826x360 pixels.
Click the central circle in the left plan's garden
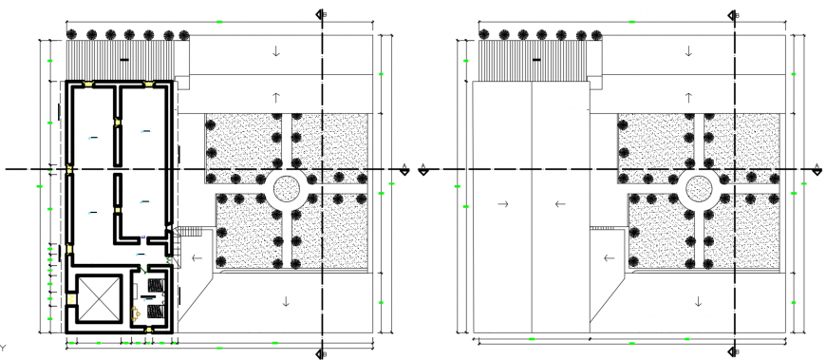[285, 188]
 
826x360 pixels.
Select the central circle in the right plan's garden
[700, 188]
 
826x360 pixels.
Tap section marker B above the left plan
[322, 15]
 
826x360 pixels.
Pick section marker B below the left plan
[322, 353]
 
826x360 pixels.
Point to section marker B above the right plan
[735, 15]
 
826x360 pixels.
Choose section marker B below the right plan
[735, 353]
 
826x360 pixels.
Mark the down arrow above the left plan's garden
[276, 51]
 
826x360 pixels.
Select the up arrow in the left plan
[276, 97]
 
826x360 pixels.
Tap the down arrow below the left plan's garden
[285, 301]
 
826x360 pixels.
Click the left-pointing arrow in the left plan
[197, 257]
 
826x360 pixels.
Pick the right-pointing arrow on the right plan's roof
[503, 203]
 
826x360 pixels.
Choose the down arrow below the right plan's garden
[699, 301]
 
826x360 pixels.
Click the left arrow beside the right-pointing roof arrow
[559, 203]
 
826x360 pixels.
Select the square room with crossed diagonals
[98, 300]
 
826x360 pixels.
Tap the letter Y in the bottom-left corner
[4, 348]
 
